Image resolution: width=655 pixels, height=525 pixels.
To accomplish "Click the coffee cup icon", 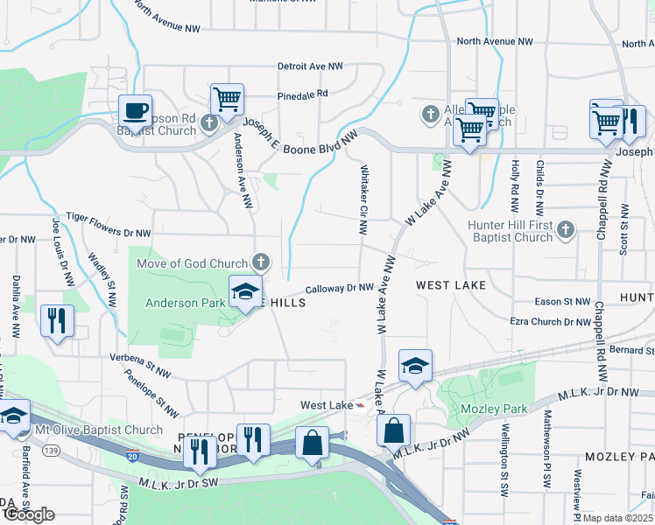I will [x=135, y=111].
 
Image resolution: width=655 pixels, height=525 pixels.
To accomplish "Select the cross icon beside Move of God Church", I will [x=260, y=261].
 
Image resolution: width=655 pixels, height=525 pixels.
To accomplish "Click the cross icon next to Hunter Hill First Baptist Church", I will [x=566, y=230].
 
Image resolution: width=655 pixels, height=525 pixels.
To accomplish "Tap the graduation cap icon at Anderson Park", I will [x=246, y=292].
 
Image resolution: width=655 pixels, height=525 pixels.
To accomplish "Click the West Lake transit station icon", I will [x=359, y=405].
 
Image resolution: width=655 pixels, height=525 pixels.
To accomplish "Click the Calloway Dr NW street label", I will [x=340, y=288].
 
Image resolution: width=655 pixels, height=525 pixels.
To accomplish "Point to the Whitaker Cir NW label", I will [x=363, y=202].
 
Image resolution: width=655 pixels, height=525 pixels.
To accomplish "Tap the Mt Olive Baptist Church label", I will [x=98, y=430].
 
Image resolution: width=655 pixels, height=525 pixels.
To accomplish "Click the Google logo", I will [x=29, y=514].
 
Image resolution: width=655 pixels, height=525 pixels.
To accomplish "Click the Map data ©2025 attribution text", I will [x=618, y=518].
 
